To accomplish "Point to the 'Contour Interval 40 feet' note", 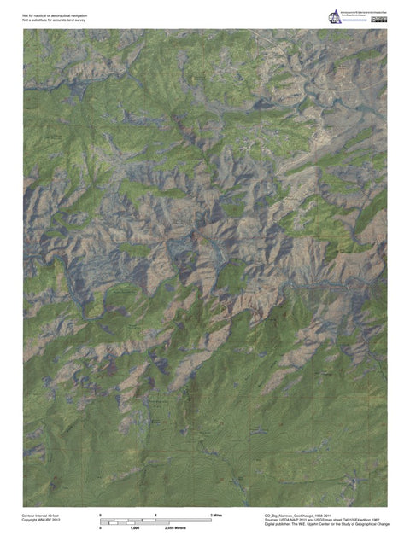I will coord(41,516).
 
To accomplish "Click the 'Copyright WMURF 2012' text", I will coord(40,521).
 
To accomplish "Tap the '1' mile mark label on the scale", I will coord(156,516).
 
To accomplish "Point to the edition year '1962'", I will coord(375,520).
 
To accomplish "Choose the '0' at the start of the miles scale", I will coord(101,516).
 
